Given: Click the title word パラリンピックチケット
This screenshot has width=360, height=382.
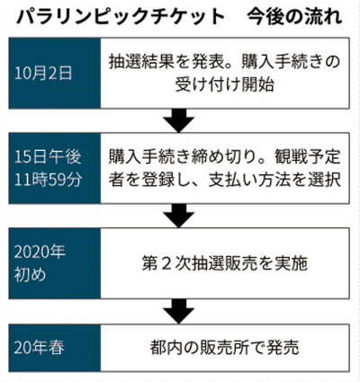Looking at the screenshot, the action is (x=121, y=17).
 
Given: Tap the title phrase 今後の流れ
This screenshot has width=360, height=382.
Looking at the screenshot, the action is (x=295, y=17).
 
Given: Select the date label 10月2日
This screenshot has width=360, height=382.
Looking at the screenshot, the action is (x=43, y=73).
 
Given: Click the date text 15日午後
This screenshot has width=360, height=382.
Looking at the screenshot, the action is (x=48, y=157).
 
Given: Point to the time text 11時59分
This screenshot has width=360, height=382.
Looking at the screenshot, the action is (x=48, y=180).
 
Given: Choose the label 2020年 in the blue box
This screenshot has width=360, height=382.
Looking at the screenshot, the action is (x=40, y=253).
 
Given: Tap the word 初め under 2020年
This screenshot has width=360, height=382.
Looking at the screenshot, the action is (x=30, y=275).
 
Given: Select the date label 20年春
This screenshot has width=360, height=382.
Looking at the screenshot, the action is (x=40, y=348).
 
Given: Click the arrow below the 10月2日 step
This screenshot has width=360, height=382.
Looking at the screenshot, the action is (x=179, y=120).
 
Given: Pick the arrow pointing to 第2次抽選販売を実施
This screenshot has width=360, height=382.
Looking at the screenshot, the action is (x=179, y=216).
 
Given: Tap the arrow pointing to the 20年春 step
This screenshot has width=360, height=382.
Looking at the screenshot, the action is (x=179, y=311).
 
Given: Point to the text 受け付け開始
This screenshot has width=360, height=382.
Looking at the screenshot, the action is (x=225, y=84).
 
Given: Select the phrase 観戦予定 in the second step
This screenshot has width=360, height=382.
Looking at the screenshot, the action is (x=308, y=156).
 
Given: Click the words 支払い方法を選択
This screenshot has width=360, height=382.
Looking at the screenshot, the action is (x=274, y=180).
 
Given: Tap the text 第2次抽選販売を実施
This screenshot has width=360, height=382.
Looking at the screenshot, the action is (x=225, y=263).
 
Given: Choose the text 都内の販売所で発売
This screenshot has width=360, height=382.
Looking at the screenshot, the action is (x=225, y=348).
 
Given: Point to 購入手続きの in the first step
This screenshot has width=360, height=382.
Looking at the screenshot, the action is (x=291, y=61).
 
